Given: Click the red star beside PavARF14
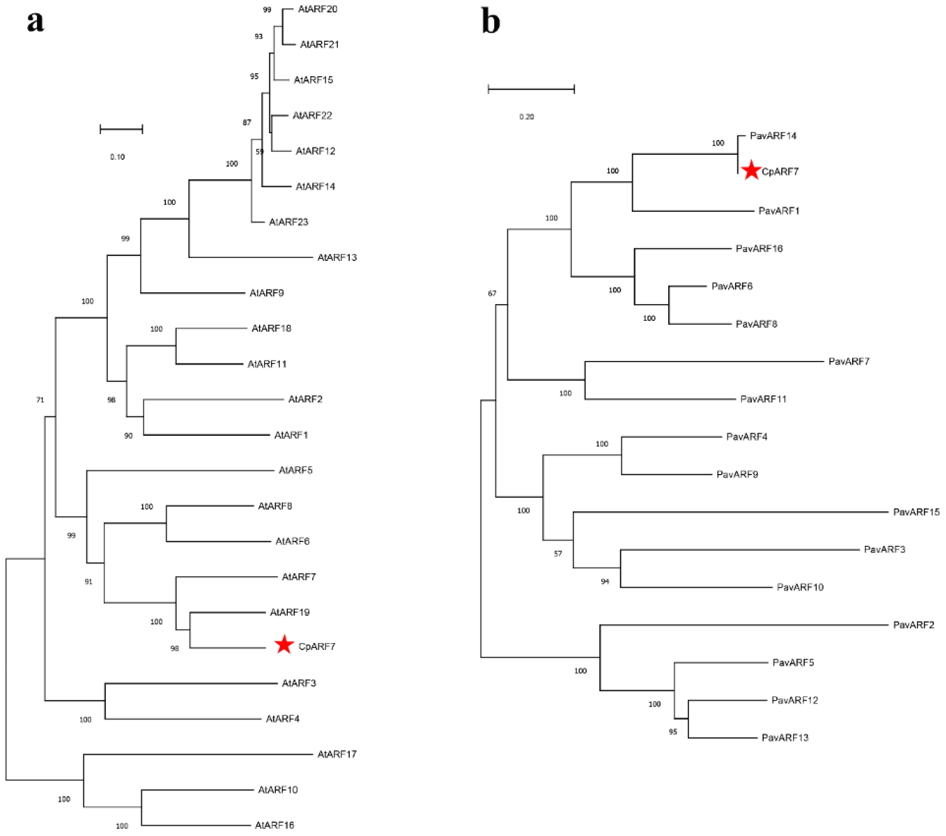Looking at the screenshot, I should point(751,170).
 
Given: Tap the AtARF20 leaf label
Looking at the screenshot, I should point(317,9).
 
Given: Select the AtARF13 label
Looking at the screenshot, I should point(337,257).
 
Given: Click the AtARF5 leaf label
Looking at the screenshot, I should point(295,470).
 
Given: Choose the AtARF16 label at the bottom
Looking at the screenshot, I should point(274,825).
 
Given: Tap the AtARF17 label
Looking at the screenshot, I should point(337,754).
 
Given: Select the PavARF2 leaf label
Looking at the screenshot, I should point(913,625).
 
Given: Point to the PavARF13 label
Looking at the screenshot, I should point(785,737).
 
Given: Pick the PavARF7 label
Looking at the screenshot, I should point(849,361).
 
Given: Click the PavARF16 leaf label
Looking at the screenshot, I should point(759,249).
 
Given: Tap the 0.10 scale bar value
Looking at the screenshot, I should point(117,157).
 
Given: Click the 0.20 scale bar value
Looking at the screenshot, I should point(527,117).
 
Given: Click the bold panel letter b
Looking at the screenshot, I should point(491,21).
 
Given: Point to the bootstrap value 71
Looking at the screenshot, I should point(40,399).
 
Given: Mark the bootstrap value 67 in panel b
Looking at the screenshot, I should point(492,293).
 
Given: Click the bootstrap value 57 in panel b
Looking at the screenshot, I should point(558,554).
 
